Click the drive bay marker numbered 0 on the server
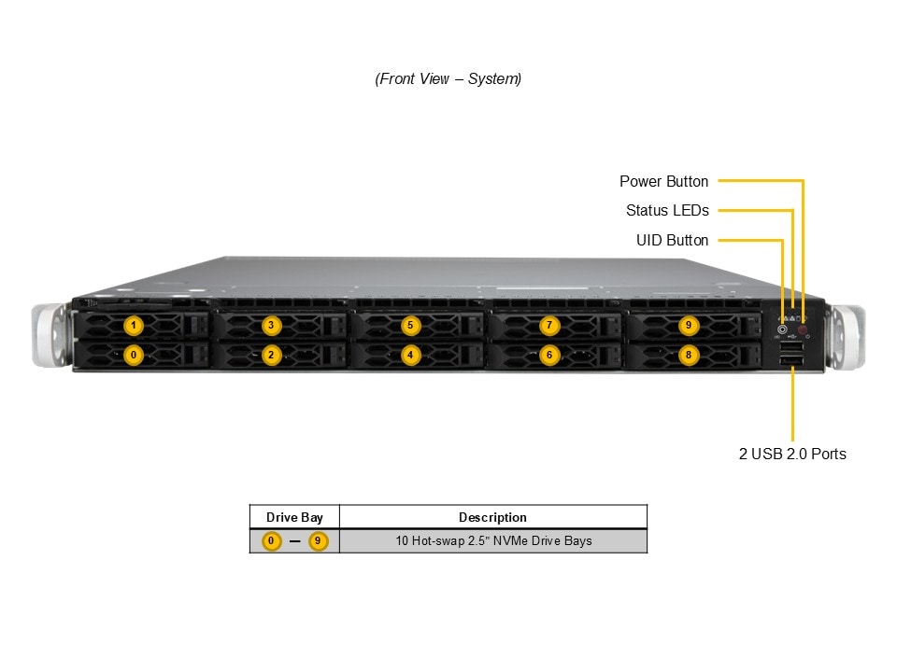[x=134, y=355]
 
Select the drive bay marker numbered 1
[x=134, y=326]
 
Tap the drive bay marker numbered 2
[x=271, y=355]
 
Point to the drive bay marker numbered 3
[x=271, y=326]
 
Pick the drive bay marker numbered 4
[x=410, y=355]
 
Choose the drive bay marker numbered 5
[x=410, y=326]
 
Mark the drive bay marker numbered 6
[x=548, y=355]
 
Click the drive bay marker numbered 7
[x=548, y=326]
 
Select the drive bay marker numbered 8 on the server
[x=689, y=355]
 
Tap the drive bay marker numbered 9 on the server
[x=689, y=326]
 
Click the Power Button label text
[x=663, y=181]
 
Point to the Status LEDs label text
[x=667, y=211]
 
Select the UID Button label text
[x=672, y=241]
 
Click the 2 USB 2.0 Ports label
[x=792, y=454]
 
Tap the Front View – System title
[x=448, y=79]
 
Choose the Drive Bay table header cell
[x=294, y=517]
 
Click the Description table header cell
[x=492, y=517]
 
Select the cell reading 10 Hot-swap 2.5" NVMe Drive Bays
[x=492, y=540]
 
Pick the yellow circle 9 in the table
[x=319, y=541]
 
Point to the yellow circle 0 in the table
[x=271, y=541]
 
